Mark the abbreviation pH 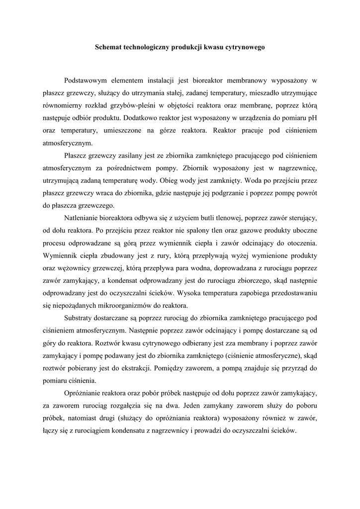pos(312,118)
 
